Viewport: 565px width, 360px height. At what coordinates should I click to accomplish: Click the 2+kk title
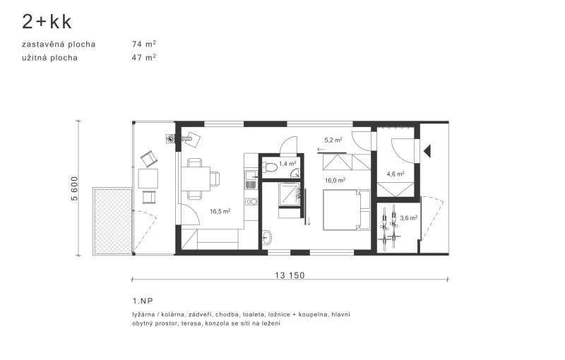pos(47,22)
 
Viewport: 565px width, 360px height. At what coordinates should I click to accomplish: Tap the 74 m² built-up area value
pos(144,44)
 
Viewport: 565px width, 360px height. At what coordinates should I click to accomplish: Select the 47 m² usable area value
pos(144,57)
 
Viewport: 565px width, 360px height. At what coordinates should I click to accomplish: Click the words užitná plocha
pos(49,58)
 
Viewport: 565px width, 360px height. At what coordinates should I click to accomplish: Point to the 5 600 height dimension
pos(74,188)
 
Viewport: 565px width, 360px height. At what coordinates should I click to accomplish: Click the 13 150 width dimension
pos(290,275)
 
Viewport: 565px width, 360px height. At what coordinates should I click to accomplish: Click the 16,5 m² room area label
pos(220,211)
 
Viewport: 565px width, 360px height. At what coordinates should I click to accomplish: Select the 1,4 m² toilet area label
pos(287,164)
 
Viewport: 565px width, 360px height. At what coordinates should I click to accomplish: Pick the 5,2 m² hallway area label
pos(333,140)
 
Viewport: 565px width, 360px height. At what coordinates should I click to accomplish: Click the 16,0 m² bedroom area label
pos(335,181)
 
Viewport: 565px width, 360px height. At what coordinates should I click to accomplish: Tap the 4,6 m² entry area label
pos(395,174)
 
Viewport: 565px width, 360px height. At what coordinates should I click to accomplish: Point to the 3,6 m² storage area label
pos(409,218)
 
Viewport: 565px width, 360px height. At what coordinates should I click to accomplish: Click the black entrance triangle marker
pos(427,151)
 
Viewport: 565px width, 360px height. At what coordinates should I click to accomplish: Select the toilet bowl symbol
pos(270,167)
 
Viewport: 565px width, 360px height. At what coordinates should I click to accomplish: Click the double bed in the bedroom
pos(347,210)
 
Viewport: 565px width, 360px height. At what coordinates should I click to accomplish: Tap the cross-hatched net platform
pos(113,222)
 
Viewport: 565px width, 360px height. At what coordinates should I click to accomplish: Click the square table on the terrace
pos(148,179)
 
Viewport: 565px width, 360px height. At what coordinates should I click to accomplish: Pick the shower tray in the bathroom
pos(289,194)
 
